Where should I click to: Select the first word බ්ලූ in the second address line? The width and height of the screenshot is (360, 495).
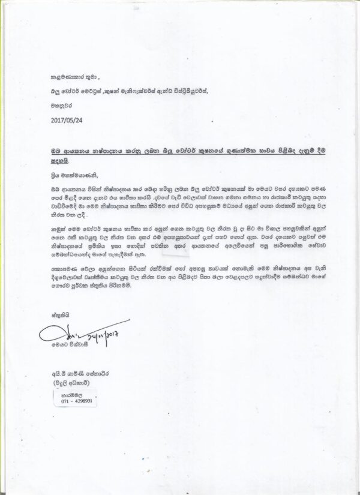coord(57,91)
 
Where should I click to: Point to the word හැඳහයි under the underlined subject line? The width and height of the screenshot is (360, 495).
coord(61,161)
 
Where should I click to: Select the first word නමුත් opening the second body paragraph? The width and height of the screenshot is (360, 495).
coord(60,230)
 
